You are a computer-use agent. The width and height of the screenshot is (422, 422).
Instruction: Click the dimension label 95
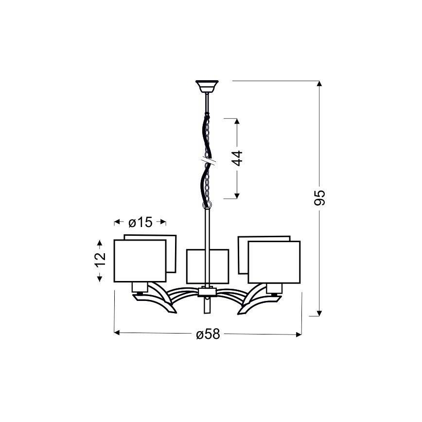320,197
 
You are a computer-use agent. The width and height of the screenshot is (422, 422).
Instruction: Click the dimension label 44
237,158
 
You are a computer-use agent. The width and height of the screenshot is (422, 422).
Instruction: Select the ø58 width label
208,334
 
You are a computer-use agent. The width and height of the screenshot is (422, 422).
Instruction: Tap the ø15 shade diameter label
140,222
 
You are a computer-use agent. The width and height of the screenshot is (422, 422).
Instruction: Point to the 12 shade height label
100,259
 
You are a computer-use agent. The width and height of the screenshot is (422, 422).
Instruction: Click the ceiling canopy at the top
207,87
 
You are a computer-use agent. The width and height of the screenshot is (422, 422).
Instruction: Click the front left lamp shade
140,261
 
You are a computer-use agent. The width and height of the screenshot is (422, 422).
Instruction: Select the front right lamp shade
274,262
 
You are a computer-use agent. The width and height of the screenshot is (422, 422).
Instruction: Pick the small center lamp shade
208,266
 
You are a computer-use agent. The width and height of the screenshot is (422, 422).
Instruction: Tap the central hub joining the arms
207,292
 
